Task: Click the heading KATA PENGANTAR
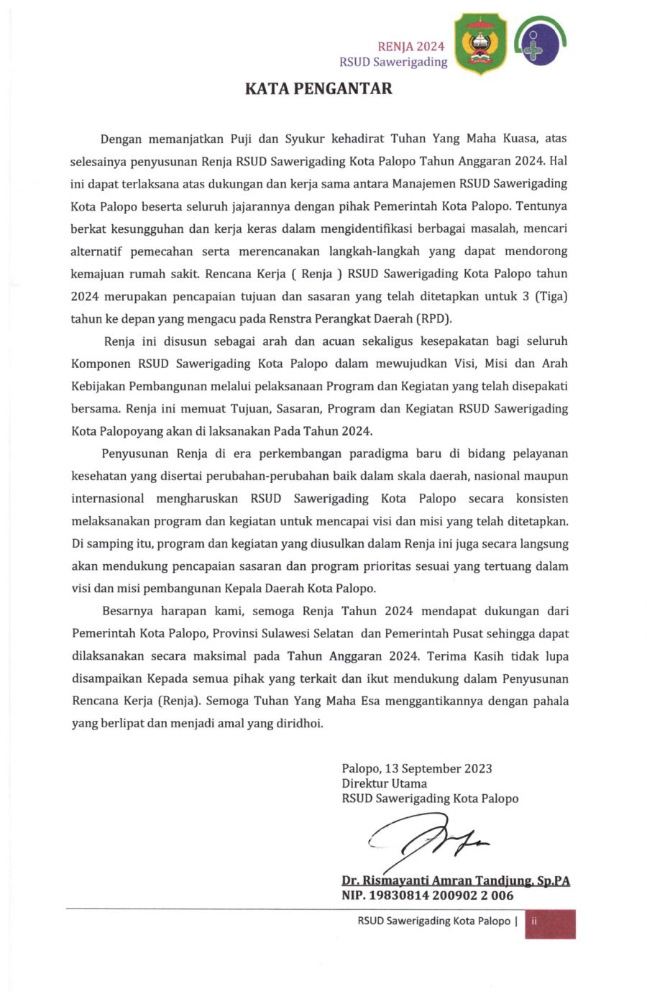tap(318, 89)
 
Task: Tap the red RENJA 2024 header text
tap(410, 47)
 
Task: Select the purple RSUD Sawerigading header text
tap(393, 63)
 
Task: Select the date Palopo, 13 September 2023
tap(416, 768)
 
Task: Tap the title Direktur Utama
tap(384, 783)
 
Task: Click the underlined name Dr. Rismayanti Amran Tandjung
tap(455, 880)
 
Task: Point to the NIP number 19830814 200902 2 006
tap(427, 896)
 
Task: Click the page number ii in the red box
tap(534, 921)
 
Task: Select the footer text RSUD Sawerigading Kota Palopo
tap(433, 921)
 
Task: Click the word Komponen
tap(100, 364)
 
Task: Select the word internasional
tap(108, 499)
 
